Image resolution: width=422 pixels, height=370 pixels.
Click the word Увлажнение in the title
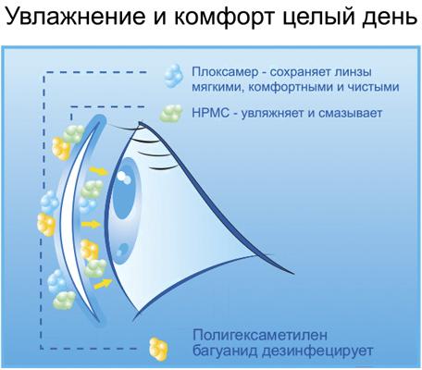(x=76, y=17)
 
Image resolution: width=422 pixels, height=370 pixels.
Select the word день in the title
(x=389, y=18)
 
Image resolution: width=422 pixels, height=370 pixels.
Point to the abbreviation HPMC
(x=210, y=113)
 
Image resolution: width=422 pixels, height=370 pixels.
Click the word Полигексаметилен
(x=260, y=336)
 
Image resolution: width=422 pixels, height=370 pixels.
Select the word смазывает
(x=350, y=114)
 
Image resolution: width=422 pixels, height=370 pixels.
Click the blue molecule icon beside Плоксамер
(x=174, y=76)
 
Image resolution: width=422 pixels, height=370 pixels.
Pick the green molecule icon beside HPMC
(x=170, y=113)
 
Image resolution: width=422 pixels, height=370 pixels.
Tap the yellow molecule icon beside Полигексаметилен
(x=158, y=349)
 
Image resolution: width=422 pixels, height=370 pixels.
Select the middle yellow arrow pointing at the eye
(x=92, y=224)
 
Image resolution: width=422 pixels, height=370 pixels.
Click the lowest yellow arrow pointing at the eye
(x=103, y=283)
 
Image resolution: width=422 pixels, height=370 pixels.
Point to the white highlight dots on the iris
(x=124, y=178)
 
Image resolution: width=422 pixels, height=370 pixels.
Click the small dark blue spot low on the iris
(x=123, y=250)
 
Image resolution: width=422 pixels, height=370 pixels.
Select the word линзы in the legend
(x=354, y=73)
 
